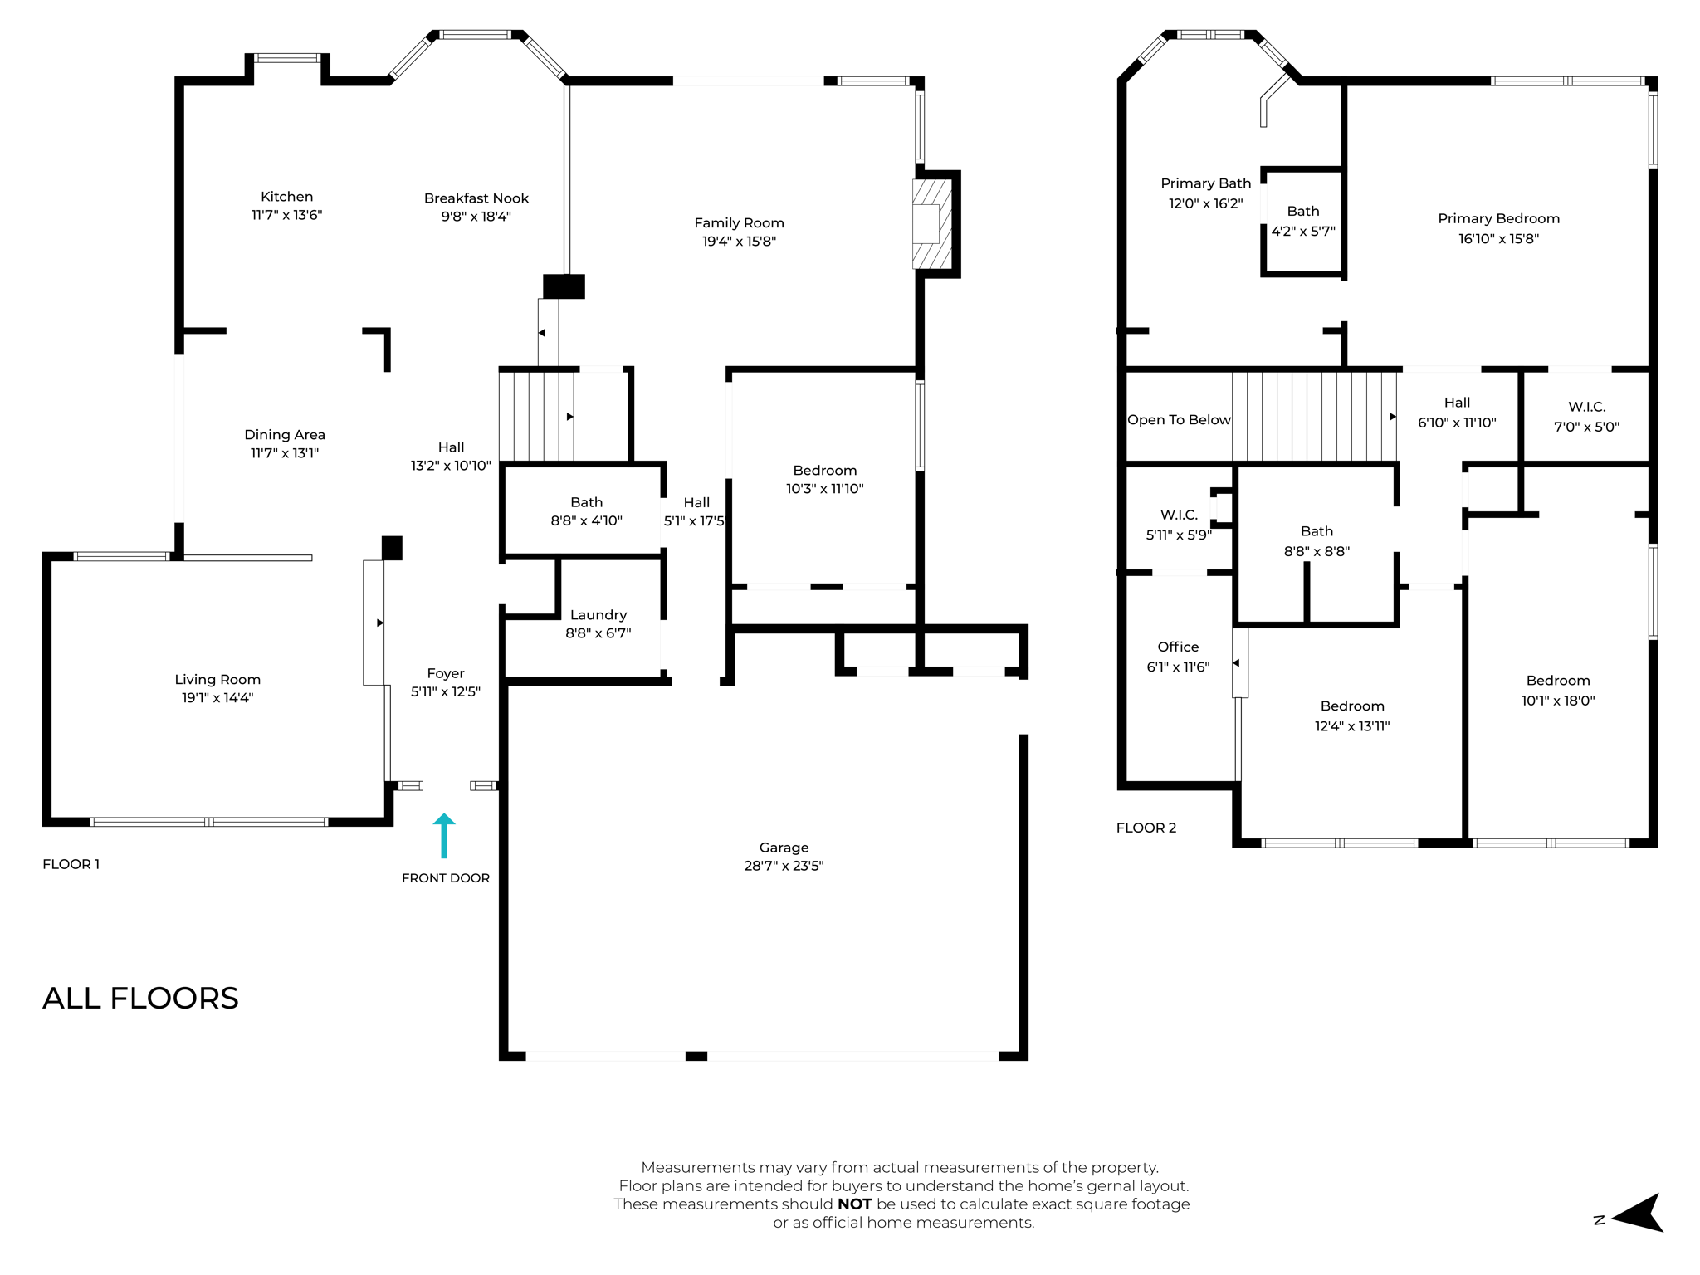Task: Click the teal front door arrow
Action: (444, 834)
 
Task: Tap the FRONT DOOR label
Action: (446, 878)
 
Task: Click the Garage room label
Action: (784, 848)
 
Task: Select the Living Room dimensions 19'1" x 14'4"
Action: (217, 698)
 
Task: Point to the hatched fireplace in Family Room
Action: (931, 224)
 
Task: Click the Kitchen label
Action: (286, 197)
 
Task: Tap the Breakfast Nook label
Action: (476, 198)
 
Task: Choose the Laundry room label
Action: (598, 615)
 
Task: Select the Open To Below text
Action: (1178, 420)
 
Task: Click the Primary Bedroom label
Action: (1498, 219)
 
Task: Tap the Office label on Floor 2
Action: (1178, 647)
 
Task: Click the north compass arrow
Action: (1638, 1214)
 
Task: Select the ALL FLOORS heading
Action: (140, 998)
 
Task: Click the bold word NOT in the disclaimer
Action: (854, 1204)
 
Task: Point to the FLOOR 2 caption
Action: (1146, 828)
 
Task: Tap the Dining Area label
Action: (285, 435)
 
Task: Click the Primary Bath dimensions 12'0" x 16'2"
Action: (1205, 203)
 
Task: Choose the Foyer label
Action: (446, 673)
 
